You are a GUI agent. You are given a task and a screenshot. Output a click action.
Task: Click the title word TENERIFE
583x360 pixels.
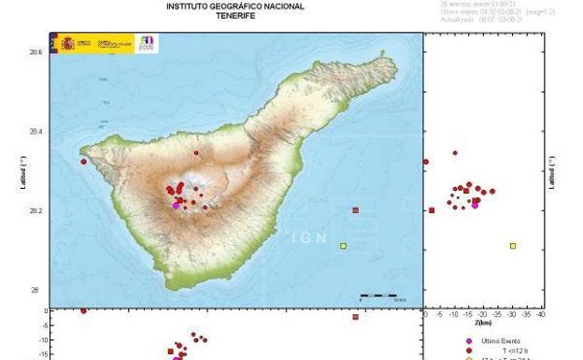235,16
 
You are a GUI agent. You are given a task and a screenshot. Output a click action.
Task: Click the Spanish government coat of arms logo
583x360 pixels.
67,44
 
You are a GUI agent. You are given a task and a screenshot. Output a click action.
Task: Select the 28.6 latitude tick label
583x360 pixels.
36,53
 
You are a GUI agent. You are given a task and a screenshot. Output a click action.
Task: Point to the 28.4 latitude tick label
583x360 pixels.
36,132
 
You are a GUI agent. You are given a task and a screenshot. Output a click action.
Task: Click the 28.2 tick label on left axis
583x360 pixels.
36,211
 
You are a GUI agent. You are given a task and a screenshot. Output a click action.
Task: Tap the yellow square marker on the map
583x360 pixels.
343,246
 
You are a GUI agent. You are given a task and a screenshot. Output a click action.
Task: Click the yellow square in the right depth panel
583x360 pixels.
513,246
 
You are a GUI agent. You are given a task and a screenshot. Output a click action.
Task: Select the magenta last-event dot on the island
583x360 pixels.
176,205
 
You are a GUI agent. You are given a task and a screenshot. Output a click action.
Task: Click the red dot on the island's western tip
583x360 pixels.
83,162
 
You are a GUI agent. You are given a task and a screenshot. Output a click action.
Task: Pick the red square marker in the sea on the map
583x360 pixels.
355,210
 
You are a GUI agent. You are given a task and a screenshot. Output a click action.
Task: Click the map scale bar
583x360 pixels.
378,295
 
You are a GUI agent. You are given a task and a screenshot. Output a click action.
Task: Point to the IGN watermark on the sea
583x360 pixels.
309,238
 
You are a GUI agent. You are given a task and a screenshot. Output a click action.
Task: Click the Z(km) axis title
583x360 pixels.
482,323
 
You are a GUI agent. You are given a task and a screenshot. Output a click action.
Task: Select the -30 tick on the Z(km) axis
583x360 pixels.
512,315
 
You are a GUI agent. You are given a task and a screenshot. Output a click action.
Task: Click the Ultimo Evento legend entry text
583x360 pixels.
500,341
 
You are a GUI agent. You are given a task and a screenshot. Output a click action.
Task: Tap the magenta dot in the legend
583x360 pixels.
469,341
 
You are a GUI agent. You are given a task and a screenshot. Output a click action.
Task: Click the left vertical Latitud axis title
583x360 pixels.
22,173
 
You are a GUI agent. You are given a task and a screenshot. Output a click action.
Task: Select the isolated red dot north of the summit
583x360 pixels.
196,152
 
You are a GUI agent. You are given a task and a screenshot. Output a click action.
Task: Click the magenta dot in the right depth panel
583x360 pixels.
475,205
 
